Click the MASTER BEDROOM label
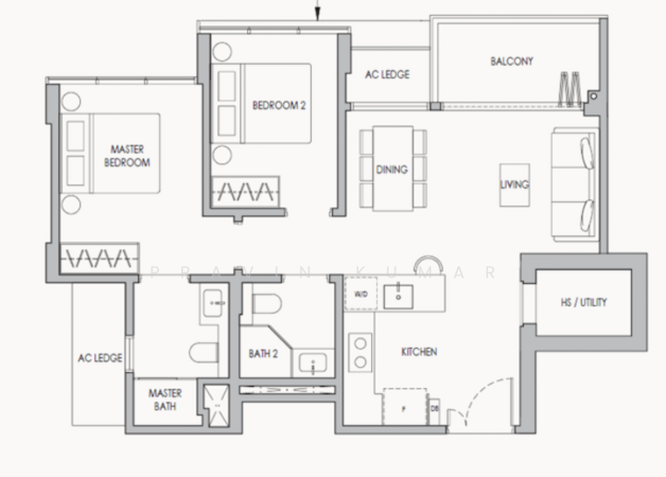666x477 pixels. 127,157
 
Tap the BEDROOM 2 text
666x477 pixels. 276,105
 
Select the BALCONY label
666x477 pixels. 511,62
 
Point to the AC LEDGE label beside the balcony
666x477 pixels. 387,75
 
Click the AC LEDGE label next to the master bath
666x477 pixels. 100,358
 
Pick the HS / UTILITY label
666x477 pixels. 583,302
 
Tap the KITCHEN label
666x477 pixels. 419,352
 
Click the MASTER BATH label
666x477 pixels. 165,399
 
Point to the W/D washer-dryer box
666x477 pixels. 360,294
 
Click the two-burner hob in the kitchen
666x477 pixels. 360,352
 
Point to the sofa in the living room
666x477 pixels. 574,183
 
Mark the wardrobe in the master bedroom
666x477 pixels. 97,256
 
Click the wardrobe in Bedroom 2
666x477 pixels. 245,191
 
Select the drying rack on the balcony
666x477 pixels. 570,87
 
